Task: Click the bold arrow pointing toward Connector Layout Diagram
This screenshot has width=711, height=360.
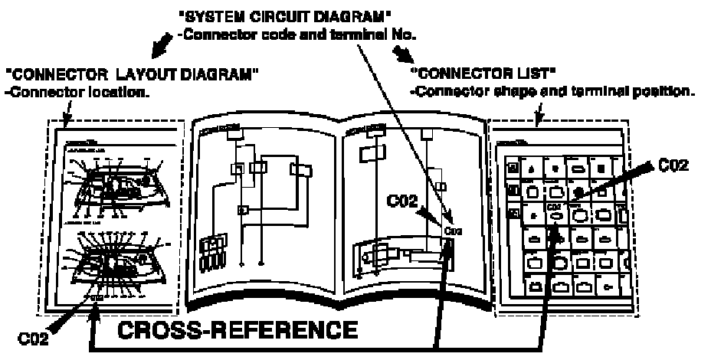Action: coord(162,47)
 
